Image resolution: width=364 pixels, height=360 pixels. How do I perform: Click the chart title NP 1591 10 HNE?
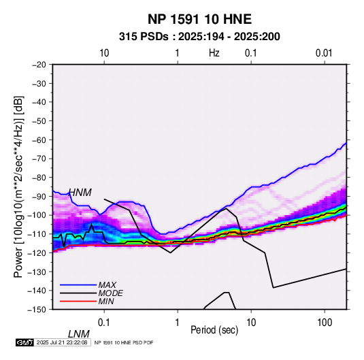(x=199, y=19)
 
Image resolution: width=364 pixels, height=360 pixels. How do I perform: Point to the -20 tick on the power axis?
(x=39, y=65)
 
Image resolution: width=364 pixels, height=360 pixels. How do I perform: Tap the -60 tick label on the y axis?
(x=39, y=140)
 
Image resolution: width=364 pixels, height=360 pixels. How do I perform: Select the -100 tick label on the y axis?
(x=37, y=215)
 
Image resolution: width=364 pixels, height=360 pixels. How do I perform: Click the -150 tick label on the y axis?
(x=37, y=310)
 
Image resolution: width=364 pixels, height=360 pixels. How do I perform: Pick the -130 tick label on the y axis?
(x=37, y=272)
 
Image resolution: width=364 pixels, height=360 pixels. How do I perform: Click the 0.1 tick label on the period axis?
(x=103, y=322)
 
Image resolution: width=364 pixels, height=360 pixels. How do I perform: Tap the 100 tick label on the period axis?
(x=325, y=322)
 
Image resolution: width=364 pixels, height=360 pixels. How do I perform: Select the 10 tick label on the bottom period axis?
(x=251, y=322)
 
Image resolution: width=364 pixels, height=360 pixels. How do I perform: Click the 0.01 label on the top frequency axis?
(x=324, y=53)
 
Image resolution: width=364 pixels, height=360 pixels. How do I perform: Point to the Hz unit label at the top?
(x=214, y=53)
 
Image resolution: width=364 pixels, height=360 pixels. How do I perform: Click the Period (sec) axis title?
(x=214, y=330)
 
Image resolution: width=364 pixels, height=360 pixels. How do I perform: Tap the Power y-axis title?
(x=18, y=186)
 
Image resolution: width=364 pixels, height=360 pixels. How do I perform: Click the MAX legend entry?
(x=107, y=285)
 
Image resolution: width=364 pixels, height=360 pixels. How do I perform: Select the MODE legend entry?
(x=110, y=293)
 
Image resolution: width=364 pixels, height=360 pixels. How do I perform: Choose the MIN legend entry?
(x=106, y=301)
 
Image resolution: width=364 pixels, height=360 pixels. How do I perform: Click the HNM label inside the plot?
(x=80, y=193)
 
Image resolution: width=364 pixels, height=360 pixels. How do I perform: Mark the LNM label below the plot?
(x=79, y=334)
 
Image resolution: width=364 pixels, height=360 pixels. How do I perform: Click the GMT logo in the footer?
(x=25, y=342)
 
